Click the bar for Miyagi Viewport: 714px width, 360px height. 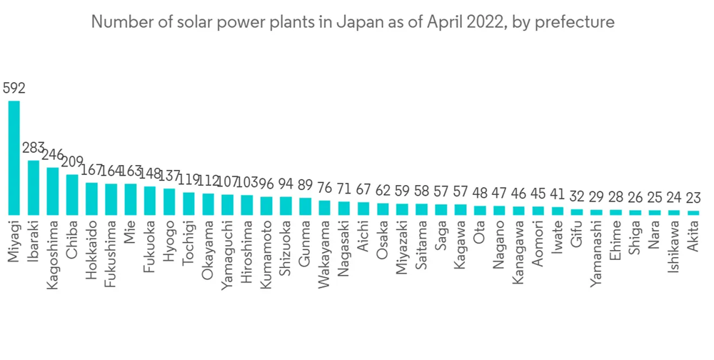coord(14,158)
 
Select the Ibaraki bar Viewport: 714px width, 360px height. coord(33,188)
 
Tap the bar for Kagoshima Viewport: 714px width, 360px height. coord(52,191)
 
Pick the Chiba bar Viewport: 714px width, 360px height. coord(71,195)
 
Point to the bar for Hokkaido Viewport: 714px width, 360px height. coord(91,199)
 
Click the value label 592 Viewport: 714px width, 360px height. coord(14,89)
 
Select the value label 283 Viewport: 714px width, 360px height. coord(33,149)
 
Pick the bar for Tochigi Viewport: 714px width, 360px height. coord(188,204)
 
